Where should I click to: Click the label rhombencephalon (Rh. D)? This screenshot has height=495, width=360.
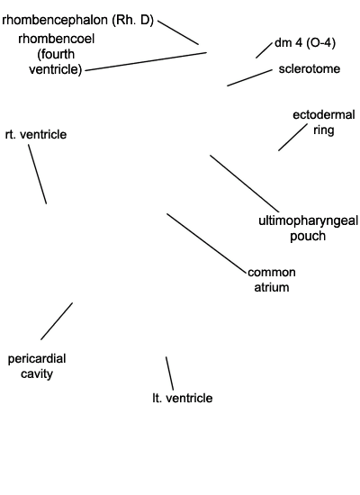77,20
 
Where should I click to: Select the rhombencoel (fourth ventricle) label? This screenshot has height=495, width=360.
56,54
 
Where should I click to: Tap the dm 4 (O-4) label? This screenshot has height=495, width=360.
305,42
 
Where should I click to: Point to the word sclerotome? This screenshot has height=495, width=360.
310,68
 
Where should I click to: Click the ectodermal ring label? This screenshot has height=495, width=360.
324,122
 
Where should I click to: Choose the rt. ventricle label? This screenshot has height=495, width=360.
36,134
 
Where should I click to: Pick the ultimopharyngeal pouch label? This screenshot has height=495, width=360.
308,229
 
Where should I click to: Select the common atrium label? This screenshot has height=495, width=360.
272,280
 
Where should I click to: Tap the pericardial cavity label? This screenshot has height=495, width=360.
37,366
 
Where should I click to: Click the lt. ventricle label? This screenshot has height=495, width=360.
182,398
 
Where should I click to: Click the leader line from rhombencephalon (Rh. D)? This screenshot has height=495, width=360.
178,32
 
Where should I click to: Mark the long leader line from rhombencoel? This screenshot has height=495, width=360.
146,61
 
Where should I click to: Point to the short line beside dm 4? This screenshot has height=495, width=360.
264,50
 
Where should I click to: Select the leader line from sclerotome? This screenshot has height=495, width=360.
249,78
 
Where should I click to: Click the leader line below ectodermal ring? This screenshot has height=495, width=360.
292,138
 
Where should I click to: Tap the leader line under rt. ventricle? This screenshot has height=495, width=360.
37,175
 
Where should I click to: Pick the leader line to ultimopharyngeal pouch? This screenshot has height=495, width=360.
245,184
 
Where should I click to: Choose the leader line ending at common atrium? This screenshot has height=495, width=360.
206,243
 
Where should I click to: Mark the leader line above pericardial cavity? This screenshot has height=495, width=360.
57,321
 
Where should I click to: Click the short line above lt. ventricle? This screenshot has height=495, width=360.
169,373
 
